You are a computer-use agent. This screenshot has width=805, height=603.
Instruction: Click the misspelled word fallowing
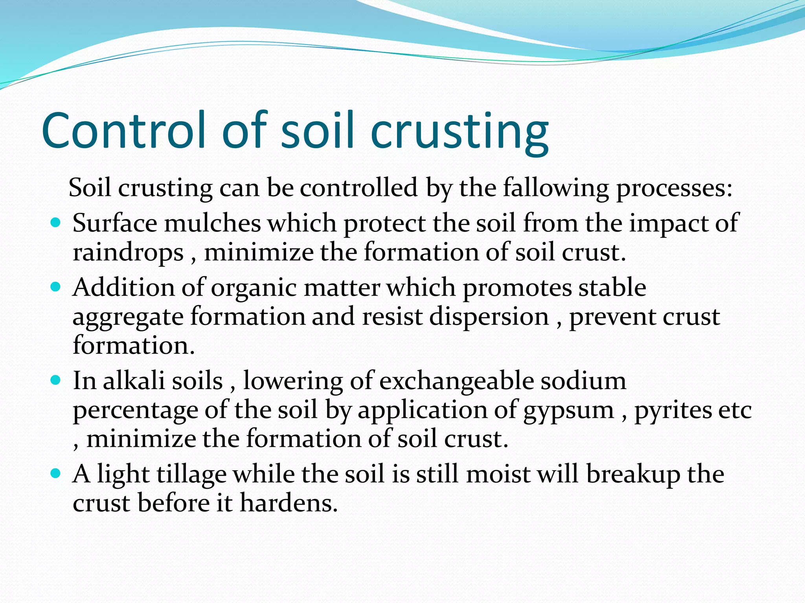556,188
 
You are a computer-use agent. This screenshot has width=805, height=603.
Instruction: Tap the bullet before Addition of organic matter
56,287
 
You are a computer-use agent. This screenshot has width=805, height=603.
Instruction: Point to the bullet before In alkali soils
56,380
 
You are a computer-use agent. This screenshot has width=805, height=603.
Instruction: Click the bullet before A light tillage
56,473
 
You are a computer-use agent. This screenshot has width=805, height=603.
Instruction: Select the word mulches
212,223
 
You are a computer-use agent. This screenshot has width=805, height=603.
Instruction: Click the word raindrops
128,252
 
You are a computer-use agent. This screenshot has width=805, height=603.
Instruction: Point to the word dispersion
489,316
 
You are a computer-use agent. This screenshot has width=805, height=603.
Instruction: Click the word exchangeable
456,381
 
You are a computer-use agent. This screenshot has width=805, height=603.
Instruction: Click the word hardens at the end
289,503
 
